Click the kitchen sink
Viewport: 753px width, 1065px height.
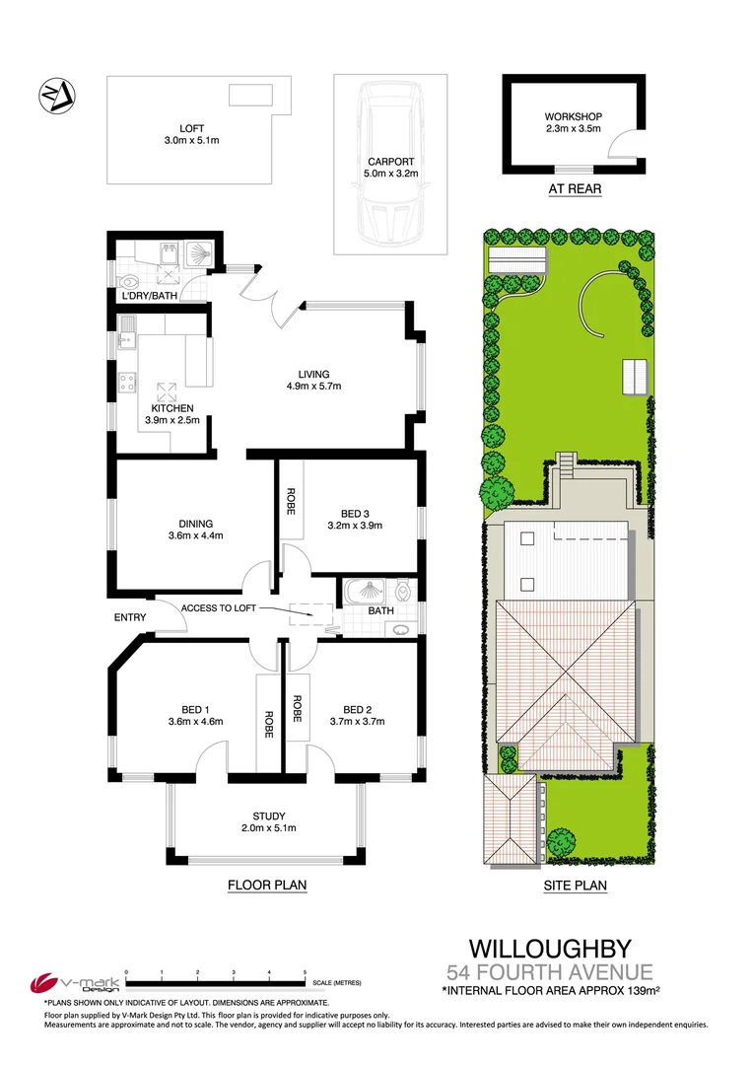click(125, 340)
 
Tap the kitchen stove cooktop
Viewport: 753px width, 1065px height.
click(127, 383)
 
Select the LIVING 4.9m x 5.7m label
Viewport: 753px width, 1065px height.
click(320, 380)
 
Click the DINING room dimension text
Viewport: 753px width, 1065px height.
click(197, 536)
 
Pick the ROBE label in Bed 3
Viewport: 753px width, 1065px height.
click(292, 503)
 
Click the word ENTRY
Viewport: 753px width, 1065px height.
click(130, 618)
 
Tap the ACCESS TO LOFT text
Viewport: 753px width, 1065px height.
click(219, 608)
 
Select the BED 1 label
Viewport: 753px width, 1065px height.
click(195, 709)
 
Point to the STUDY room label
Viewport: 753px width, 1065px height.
click(268, 816)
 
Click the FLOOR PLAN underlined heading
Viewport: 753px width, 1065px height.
click(267, 886)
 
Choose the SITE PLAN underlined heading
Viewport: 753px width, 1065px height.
click(575, 886)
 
